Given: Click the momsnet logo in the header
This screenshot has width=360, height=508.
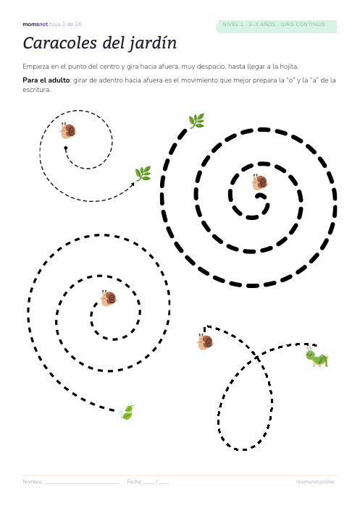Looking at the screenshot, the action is pyautogui.click(x=35, y=25).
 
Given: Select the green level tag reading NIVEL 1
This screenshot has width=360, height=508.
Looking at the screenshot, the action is pyautogui.click(x=276, y=25).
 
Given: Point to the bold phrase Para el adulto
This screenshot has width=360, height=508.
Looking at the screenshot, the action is pyautogui.click(x=46, y=80).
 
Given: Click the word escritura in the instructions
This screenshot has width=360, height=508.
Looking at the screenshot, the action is pyautogui.click(x=37, y=90).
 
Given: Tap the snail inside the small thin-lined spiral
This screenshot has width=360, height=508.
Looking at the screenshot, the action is pyautogui.click(x=68, y=130).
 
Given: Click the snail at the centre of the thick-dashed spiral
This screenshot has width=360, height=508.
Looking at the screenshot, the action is pyautogui.click(x=260, y=182).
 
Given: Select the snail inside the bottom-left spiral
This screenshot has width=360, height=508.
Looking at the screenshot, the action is pyautogui.click(x=109, y=298).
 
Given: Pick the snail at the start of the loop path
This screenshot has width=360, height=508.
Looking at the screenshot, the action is pyautogui.click(x=206, y=342).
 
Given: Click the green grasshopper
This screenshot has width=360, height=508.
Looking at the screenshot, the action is pyautogui.click(x=317, y=357).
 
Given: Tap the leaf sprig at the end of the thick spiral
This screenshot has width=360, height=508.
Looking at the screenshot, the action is pyautogui.click(x=196, y=121).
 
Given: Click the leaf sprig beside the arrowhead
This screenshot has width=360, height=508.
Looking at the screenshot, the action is pyautogui.click(x=143, y=174).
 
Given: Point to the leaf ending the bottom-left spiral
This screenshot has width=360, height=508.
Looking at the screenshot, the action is pyautogui.click(x=127, y=412).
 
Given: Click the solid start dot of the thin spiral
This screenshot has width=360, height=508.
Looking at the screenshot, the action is pyautogui.click(x=66, y=148).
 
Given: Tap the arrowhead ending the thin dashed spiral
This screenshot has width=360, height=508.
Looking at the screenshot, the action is pyautogui.click(x=133, y=185).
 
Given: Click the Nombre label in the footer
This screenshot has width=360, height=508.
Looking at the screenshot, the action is pyautogui.click(x=33, y=482).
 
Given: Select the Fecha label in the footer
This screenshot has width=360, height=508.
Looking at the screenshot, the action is pyautogui.click(x=135, y=482).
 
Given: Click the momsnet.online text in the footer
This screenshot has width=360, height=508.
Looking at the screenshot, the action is pyautogui.click(x=315, y=482).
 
